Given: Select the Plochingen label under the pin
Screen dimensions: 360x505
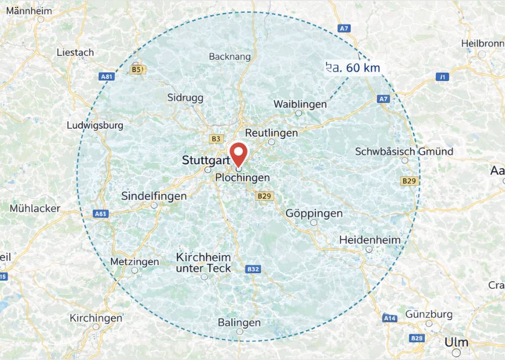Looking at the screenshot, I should (x=242, y=178).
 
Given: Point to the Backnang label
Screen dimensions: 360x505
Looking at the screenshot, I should (x=230, y=57).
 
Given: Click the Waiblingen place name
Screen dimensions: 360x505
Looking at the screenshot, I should (x=300, y=104).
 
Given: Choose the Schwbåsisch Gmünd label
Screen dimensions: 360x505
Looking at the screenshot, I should (x=404, y=151).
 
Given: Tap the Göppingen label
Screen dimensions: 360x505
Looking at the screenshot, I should (x=314, y=214).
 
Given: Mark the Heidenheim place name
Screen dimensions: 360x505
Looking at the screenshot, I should (x=370, y=240).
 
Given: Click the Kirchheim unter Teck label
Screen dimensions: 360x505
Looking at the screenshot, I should (x=204, y=263).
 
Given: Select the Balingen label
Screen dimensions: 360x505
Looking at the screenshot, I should (x=239, y=322).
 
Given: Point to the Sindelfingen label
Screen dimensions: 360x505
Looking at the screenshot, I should (x=154, y=196).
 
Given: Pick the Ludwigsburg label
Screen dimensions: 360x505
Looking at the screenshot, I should (x=95, y=125).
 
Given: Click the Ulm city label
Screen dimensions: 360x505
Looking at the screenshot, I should (x=457, y=342).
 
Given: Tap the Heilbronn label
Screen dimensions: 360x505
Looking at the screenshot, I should (x=482, y=44).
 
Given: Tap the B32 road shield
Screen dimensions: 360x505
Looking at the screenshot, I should (x=253, y=270).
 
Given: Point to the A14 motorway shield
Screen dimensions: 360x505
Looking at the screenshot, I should (x=389, y=319).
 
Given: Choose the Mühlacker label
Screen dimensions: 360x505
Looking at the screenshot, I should (x=35, y=208).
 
